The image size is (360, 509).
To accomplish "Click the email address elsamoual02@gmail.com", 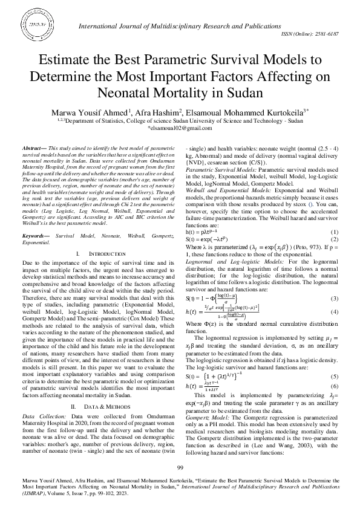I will click(x=180, y=128).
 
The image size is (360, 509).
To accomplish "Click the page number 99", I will click(x=180, y=467).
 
